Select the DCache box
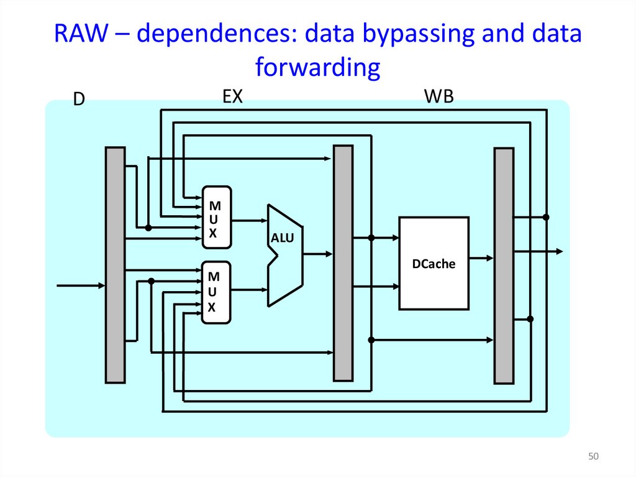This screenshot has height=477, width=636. (434, 263)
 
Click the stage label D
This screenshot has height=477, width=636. (79, 100)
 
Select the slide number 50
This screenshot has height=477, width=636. (593, 457)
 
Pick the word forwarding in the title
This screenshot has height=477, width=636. (317, 67)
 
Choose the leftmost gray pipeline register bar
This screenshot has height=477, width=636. (115, 264)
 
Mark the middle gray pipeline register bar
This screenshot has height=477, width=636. (343, 262)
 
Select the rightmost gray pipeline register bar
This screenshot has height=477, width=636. (504, 266)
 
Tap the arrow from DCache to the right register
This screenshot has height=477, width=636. (481, 257)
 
